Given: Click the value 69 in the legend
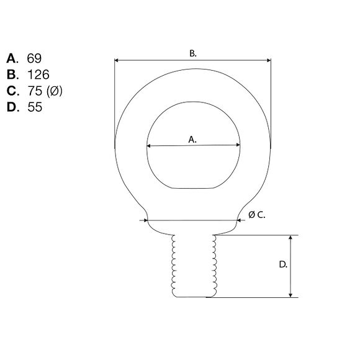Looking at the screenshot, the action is pos(34,58).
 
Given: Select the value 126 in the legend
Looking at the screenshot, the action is pos(38,74).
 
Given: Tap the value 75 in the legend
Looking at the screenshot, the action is pos(35,91).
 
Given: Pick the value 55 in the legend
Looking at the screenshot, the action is pos(35,107).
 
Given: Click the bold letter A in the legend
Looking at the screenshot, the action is pos(11,58).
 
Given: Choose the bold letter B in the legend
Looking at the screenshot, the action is pos(11,74).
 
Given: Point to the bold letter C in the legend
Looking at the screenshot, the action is pos(12,91).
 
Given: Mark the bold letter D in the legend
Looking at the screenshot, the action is pos(12,107).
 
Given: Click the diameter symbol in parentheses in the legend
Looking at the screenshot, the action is pos(55,91).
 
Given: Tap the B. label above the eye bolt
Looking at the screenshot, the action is pos(193,53).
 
